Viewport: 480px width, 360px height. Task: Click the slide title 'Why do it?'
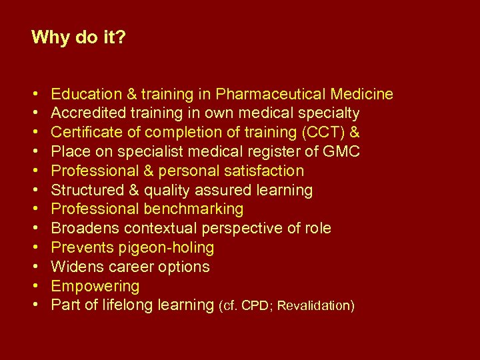pyautogui.click(x=79, y=37)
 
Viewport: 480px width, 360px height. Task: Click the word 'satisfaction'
pyautogui.click(x=263, y=171)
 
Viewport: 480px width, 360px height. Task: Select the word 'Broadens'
pyautogui.click(x=85, y=229)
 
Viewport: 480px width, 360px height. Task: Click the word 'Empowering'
pyautogui.click(x=95, y=287)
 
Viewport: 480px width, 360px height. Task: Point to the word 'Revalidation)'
pyautogui.click(x=316, y=306)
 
